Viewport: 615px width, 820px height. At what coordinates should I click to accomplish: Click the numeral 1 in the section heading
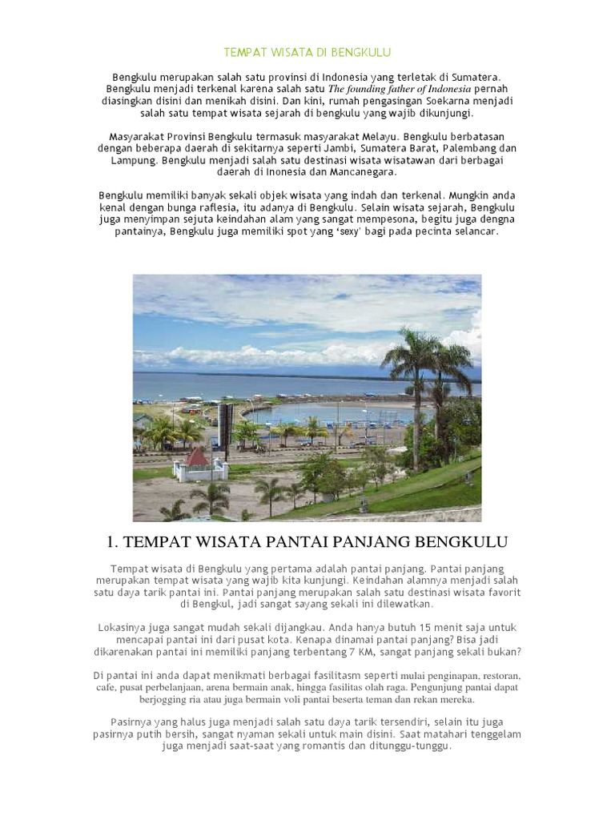click(x=111, y=542)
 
